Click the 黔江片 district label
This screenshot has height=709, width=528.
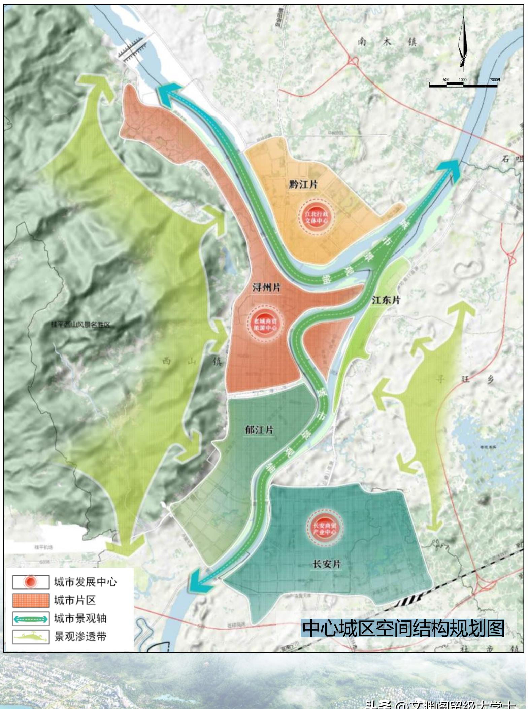303,184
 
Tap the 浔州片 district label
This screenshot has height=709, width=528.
266,287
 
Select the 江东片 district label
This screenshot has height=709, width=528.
386,300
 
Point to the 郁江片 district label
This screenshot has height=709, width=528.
259,430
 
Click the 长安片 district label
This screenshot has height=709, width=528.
327,564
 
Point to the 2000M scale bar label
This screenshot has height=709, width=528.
495,80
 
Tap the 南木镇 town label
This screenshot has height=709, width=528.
387,42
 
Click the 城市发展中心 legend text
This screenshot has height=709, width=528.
85,582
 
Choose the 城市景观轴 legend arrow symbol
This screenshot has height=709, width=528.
31,618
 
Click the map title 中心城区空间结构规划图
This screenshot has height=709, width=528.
403,628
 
